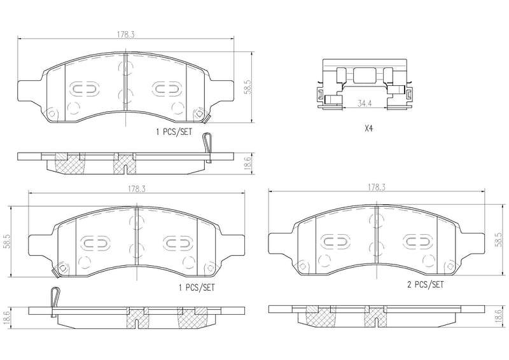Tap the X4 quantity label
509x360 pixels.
[368, 128]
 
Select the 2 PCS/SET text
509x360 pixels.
[425, 286]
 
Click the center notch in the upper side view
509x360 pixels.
[127, 169]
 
